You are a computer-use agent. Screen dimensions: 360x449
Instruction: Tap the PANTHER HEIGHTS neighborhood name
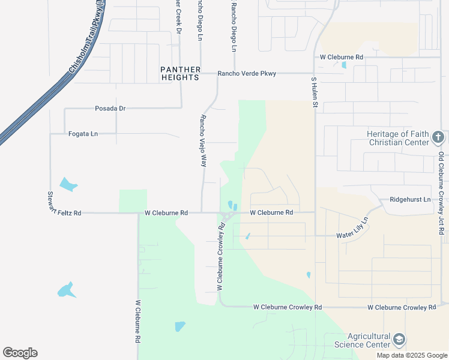179,73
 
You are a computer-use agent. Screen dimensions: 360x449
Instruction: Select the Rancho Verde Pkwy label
247,74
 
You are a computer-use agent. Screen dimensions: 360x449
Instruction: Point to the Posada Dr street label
110,109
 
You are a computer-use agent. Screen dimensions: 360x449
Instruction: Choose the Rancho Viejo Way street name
203,140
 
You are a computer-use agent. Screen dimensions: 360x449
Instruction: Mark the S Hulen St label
313,92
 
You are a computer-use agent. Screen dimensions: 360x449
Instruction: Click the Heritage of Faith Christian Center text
399,138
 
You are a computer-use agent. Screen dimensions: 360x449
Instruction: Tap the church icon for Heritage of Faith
438,138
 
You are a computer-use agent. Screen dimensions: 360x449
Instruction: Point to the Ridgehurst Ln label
410,199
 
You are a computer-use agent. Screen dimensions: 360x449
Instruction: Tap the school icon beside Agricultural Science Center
399,340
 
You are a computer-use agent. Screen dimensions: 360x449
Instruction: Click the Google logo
20,353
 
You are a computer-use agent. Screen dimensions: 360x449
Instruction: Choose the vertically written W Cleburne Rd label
137,321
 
